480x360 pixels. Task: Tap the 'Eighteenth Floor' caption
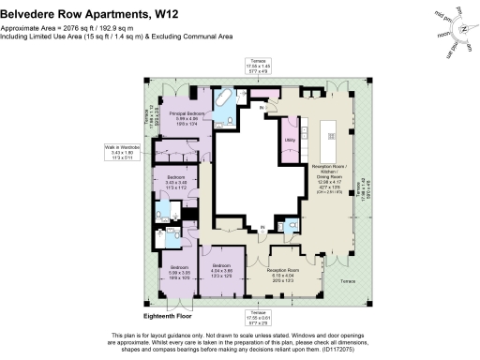(x=168, y=318)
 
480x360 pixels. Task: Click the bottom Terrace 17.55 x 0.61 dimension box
(x=259, y=316)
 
